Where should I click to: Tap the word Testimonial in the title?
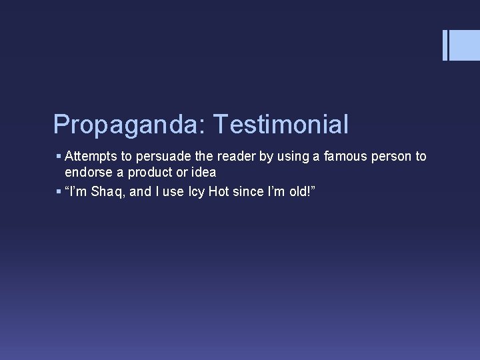(279, 124)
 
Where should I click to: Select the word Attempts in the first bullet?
(90, 156)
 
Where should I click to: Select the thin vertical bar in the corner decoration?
(445, 45)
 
